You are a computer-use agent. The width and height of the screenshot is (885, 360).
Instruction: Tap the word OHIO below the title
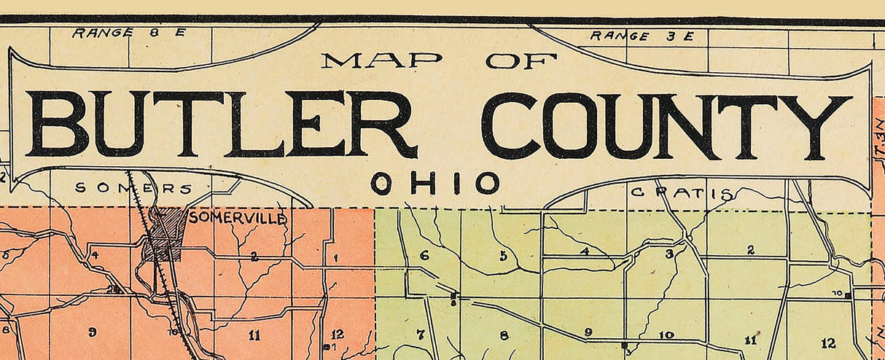[x=435, y=184]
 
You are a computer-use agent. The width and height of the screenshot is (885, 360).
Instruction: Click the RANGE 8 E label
[x=130, y=33]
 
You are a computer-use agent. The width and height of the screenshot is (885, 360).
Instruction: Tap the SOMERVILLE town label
[x=238, y=218]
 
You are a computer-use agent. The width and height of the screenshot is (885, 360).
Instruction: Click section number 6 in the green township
[x=424, y=256]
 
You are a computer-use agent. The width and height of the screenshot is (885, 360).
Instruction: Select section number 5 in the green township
[x=503, y=256]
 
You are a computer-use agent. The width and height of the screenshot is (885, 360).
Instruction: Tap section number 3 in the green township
[x=668, y=254]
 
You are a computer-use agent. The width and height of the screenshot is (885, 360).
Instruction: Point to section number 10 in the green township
[x=666, y=335]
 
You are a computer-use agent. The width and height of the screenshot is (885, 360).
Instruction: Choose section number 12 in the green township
[x=828, y=343]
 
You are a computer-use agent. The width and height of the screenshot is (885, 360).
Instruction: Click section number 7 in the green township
[x=420, y=335]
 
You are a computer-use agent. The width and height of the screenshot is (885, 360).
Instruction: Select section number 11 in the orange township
[x=253, y=335]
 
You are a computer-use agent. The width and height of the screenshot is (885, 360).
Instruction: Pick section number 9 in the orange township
[x=92, y=333]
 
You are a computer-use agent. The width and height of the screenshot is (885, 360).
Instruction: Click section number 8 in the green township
[x=503, y=336]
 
